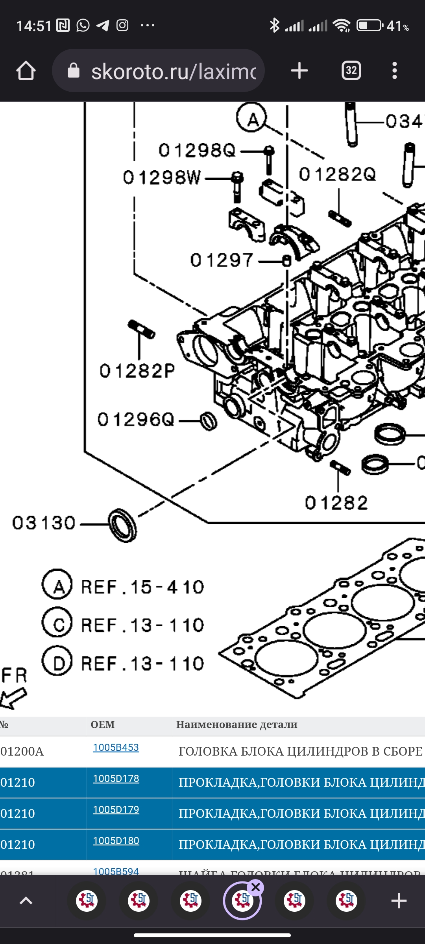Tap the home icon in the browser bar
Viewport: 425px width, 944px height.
(26, 71)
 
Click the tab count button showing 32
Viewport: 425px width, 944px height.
(351, 71)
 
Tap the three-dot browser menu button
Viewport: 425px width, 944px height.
(395, 71)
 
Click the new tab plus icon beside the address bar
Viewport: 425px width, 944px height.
(299, 71)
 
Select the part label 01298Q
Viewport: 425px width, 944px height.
(197, 150)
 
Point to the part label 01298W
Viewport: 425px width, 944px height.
(162, 177)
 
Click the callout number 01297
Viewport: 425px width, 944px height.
(222, 260)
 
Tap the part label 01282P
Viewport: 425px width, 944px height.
(137, 371)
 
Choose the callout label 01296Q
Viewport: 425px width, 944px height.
(136, 420)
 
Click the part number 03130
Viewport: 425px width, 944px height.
(44, 523)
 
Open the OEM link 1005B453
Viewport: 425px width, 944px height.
(116, 748)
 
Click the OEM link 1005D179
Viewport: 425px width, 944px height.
(116, 809)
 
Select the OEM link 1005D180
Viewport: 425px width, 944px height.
(116, 841)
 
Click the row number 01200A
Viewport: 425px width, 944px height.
(22, 752)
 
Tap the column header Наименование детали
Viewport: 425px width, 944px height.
(237, 725)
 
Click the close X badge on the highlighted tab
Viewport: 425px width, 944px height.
(256, 887)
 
